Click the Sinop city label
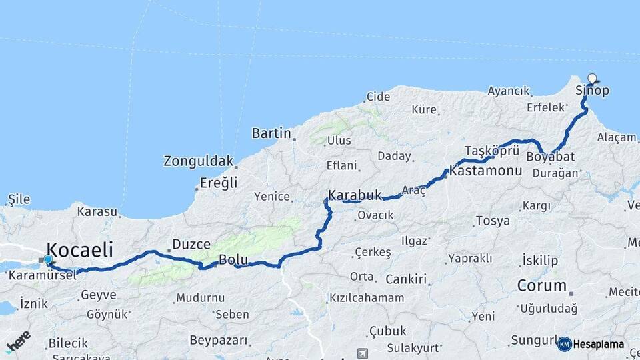(x=592, y=91)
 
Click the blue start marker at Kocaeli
(x=48, y=260)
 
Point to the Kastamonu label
(x=485, y=171)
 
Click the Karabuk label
(x=355, y=195)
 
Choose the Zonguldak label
(x=199, y=161)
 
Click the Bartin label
(x=271, y=133)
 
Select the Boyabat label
(x=551, y=157)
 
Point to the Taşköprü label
(x=491, y=149)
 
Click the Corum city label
(x=541, y=286)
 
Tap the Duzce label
(x=191, y=244)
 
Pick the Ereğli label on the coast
(x=219, y=183)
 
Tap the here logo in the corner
(x=17, y=341)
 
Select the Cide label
(x=378, y=97)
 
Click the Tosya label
(x=493, y=221)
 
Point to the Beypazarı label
(x=218, y=341)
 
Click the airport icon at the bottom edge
(x=362, y=353)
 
